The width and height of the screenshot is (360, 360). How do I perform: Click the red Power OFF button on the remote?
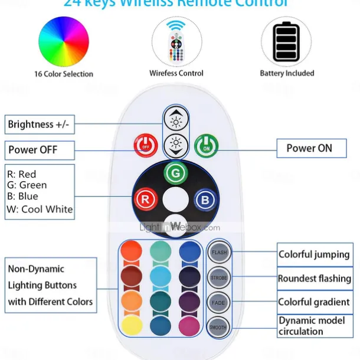click(x=146, y=146)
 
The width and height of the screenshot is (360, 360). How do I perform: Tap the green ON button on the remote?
click(x=207, y=146)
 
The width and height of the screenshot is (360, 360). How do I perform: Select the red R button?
click(x=145, y=199)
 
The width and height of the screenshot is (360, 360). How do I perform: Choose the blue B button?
click(x=205, y=199)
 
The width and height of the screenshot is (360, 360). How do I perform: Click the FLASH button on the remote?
click(x=219, y=253)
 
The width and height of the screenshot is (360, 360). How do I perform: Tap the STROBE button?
click(x=219, y=277)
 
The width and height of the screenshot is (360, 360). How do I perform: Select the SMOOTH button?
click(x=218, y=326)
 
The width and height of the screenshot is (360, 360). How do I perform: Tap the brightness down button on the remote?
click(x=176, y=143)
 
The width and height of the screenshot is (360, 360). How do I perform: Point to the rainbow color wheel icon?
click(x=63, y=41)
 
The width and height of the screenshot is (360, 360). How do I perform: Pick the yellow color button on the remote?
click(x=131, y=325)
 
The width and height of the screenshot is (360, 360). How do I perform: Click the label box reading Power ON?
click(x=309, y=148)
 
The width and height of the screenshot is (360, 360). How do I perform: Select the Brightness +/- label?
click(x=40, y=125)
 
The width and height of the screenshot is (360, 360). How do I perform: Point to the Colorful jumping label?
click(x=314, y=255)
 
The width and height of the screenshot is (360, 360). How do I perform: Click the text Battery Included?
click(x=287, y=74)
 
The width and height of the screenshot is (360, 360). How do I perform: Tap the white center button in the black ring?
click(x=175, y=199)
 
